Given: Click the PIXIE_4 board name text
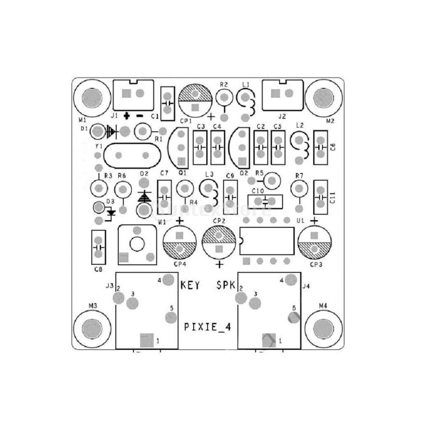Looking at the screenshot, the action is (209, 326).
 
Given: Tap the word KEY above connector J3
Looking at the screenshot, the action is (190, 285).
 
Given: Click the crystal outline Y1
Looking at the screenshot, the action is (132, 155).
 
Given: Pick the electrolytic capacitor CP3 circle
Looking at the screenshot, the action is (314, 243).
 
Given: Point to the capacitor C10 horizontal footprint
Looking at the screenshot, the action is (265, 202).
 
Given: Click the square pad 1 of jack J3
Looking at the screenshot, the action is (147, 341).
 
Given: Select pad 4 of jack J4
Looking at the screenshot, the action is (291, 280).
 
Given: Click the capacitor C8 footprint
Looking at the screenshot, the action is (98, 248).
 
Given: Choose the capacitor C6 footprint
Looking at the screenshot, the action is (320, 146).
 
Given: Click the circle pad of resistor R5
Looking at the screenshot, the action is (271, 179).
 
